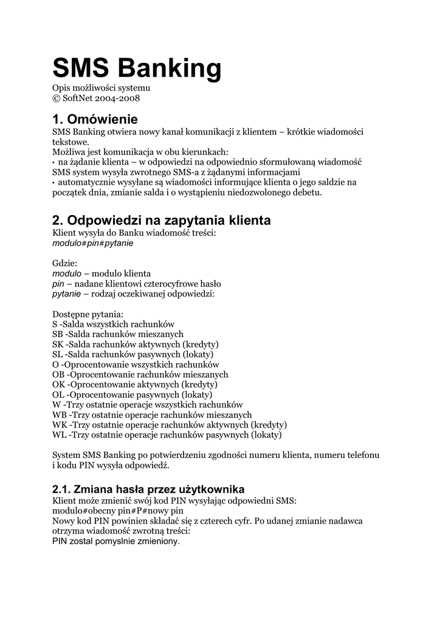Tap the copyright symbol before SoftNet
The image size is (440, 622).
click(57, 99)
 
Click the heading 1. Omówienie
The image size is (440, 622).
click(95, 118)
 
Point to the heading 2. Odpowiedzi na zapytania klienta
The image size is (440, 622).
click(162, 220)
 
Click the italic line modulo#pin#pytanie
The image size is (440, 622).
click(93, 243)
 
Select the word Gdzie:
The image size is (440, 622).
click(65, 264)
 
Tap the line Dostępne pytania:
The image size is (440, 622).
click(88, 314)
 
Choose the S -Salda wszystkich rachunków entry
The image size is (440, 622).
click(114, 324)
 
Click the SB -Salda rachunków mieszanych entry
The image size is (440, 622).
click(118, 334)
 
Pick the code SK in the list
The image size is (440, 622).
click(58, 344)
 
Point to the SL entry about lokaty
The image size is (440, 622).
click(133, 354)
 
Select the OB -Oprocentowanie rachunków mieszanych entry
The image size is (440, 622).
click(140, 374)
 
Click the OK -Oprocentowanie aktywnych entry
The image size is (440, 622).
click(135, 384)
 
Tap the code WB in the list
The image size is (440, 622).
click(60, 415)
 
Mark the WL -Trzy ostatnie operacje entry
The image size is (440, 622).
click(167, 435)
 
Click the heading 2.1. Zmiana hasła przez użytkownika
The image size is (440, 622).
click(148, 488)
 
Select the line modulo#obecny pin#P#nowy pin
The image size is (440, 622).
click(118, 511)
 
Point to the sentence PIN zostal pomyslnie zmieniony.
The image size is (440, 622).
click(116, 541)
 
